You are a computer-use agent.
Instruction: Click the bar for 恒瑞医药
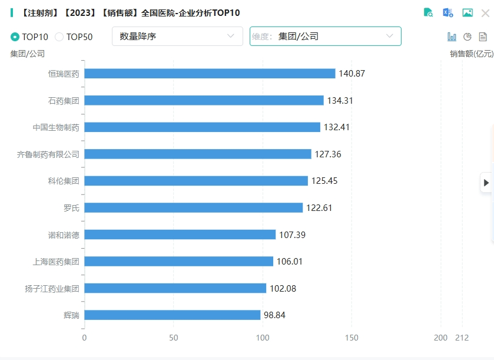point(210,74)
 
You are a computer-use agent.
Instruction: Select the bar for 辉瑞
point(173,315)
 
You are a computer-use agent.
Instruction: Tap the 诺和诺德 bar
point(180,235)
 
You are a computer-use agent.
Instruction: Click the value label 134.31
point(340,101)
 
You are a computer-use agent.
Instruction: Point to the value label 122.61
point(319,208)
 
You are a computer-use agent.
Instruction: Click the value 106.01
point(290,262)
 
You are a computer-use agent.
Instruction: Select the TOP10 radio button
point(15,37)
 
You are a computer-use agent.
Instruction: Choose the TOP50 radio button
point(59,37)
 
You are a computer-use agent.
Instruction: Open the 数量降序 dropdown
point(177,37)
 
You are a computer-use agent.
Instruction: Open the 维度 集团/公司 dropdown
point(325,37)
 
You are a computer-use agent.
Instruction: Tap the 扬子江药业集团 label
point(52,289)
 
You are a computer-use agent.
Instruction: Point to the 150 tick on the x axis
point(352,338)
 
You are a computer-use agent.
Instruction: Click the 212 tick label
point(462,338)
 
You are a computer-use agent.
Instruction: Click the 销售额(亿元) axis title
point(471,54)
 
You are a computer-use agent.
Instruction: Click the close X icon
point(485,13)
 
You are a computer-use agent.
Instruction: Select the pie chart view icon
point(468,37)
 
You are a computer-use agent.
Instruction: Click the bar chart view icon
point(452,37)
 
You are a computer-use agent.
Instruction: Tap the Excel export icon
point(448,12)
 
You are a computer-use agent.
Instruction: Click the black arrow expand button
point(486,183)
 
